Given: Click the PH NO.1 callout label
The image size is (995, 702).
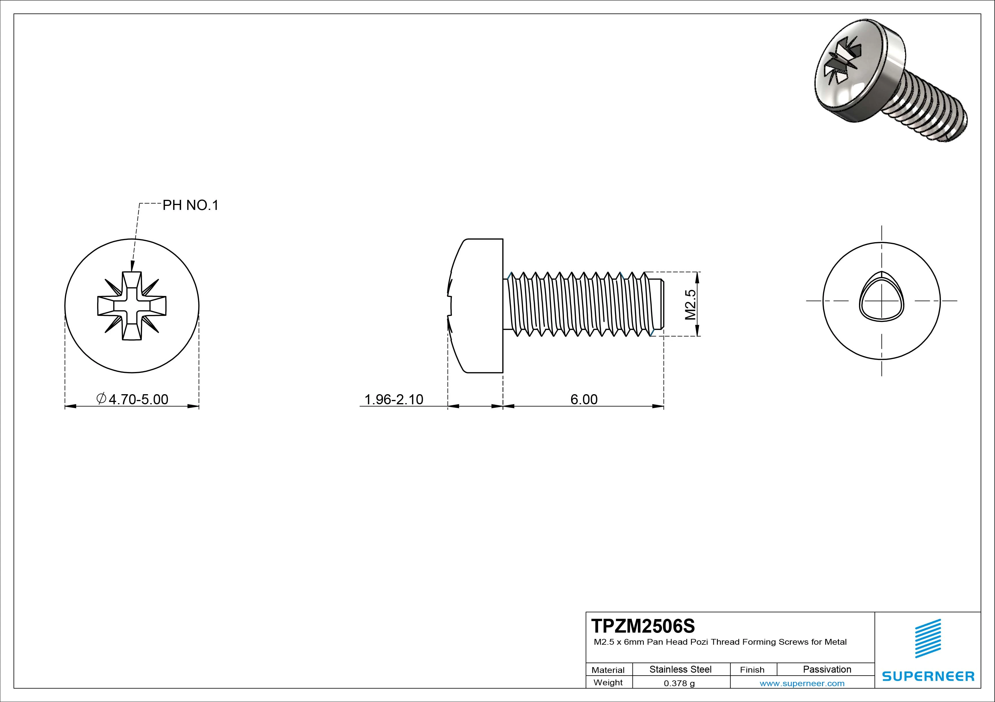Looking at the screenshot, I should [x=190, y=205].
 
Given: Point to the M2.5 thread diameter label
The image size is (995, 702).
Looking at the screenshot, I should [x=690, y=304].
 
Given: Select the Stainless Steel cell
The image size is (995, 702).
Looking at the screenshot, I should [x=680, y=669].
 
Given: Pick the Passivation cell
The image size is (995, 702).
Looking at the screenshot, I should [x=826, y=669].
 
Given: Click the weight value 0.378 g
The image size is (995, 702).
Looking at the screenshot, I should [x=679, y=683].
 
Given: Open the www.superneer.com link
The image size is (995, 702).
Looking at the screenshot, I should [x=802, y=683].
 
